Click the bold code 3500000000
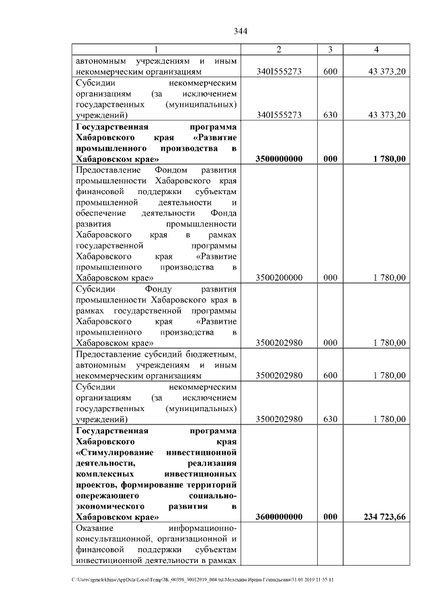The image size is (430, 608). point(279,159)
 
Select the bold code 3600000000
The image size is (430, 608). point(279,517)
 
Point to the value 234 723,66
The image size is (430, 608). point(380,517)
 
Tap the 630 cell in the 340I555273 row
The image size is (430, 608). point(330,115)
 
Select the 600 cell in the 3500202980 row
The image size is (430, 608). point(330,375)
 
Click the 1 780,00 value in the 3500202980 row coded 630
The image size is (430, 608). point(388,419)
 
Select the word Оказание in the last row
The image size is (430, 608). point(97,528)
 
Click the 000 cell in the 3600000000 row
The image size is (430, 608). point(330,517)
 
